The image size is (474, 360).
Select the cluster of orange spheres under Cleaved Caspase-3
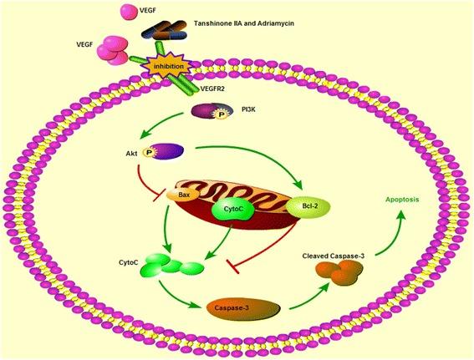tap(342, 272)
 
